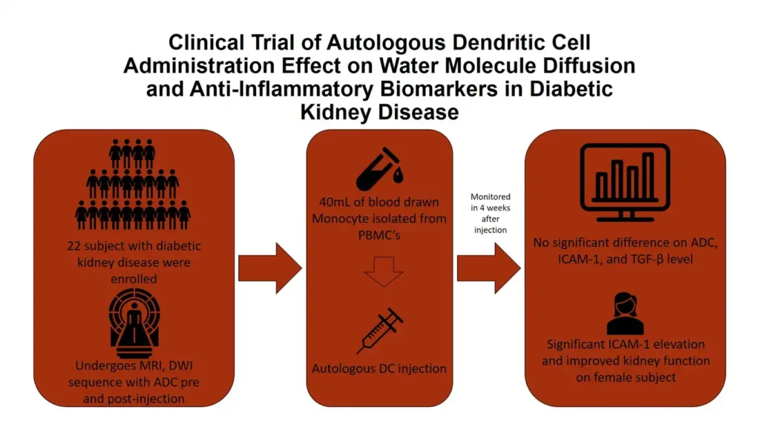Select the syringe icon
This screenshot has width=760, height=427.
pyautogui.click(x=380, y=331)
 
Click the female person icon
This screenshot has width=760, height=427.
pyautogui.click(x=625, y=312)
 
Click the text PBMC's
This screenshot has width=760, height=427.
pyautogui.click(x=380, y=234)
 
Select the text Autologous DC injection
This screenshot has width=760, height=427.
pyautogui.click(x=380, y=368)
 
